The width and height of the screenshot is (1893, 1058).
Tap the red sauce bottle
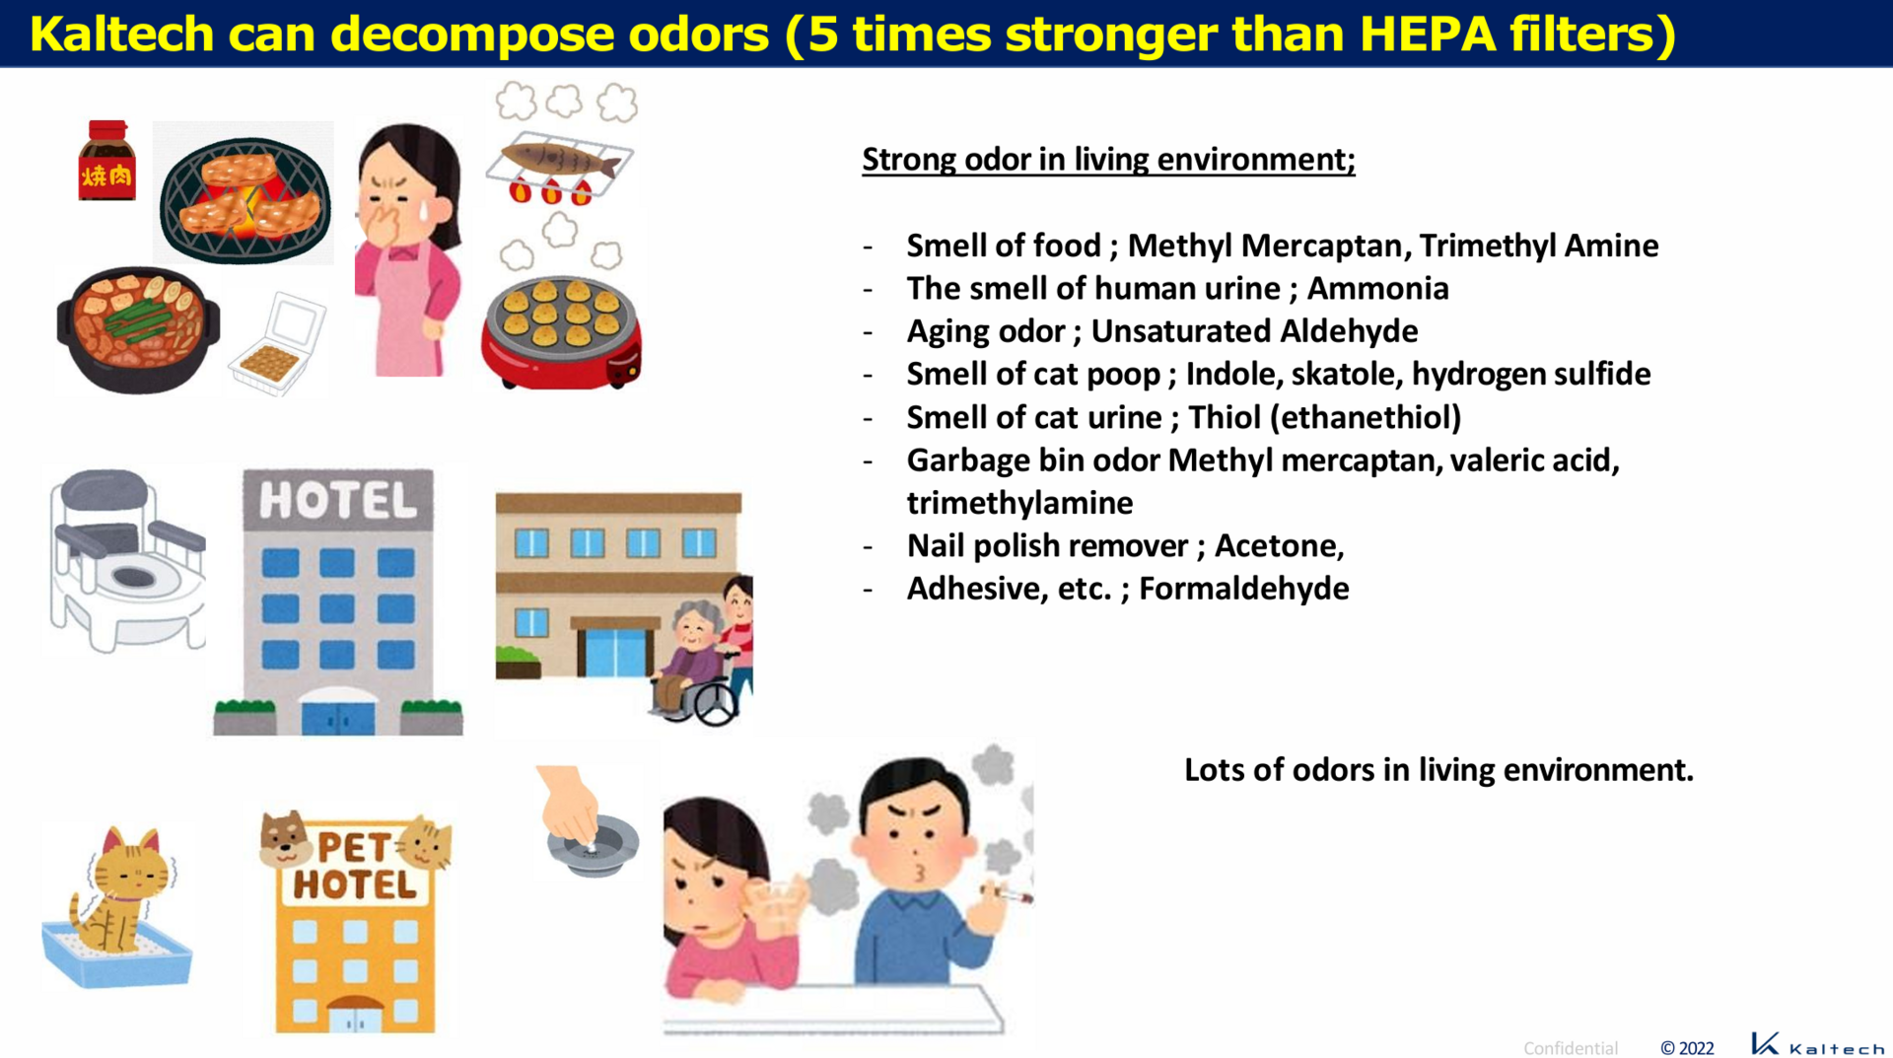click(x=106, y=161)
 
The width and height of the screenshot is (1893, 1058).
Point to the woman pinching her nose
click(x=407, y=249)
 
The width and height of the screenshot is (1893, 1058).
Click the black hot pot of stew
click(x=138, y=328)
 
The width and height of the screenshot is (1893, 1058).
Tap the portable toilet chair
click(x=126, y=558)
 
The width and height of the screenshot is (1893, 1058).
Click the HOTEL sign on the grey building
click(x=337, y=501)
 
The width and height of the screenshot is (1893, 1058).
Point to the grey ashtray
click(x=593, y=845)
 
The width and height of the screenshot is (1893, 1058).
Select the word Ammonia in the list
click(x=1377, y=288)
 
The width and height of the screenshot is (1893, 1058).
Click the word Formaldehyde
click(x=1243, y=588)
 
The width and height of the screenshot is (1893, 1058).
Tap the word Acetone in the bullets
click(x=1279, y=545)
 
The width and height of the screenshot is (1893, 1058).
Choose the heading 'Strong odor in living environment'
click(x=1108, y=159)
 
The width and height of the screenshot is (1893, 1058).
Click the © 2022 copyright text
click(x=1687, y=1047)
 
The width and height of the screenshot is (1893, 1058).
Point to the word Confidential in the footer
click(x=1571, y=1047)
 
